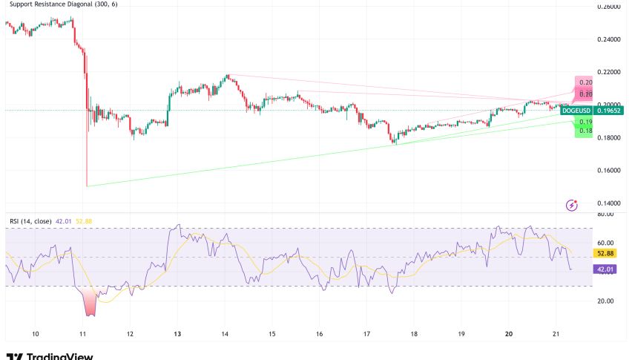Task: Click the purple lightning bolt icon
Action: tap(571, 204)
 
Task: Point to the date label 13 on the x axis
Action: tap(178, 335)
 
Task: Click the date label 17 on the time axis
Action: tap(366, 335)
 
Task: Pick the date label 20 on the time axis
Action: tap(509, 335)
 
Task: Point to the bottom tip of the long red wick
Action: tap(87, 186)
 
